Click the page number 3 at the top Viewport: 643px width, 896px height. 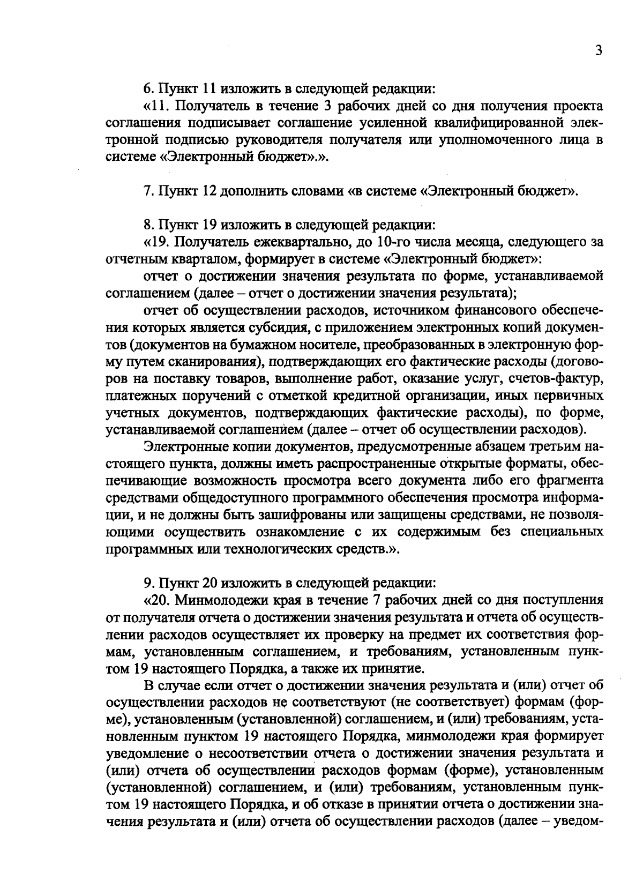[599, 51]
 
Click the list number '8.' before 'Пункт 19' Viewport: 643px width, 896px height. [148, 225]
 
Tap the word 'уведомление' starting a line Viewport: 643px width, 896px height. [146, 753]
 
